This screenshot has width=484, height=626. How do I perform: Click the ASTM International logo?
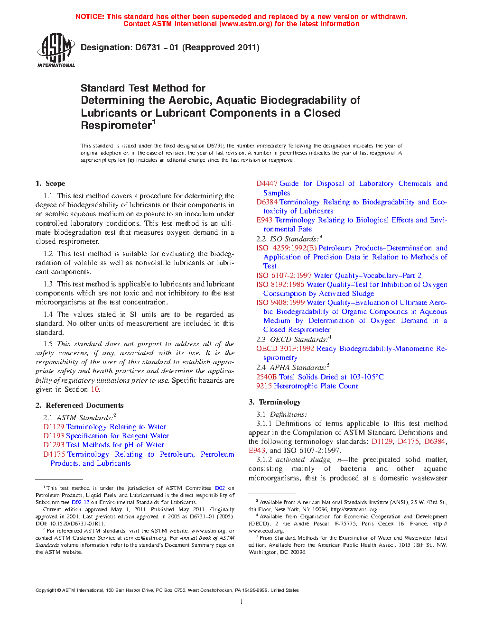point(56,49)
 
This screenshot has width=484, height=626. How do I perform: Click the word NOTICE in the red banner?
point(90,17)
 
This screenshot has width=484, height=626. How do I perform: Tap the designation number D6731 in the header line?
point(148,47)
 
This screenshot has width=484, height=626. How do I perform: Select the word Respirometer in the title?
point(116,126)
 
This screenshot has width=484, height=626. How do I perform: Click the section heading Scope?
point(55,184)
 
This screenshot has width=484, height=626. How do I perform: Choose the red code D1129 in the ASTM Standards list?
point(54,427)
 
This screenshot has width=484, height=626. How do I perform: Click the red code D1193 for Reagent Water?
point(54,436)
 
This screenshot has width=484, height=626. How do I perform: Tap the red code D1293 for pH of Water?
point(54,445)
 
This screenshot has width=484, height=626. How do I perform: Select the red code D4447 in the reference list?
point(267,184)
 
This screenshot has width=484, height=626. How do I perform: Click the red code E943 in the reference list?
point(264,220)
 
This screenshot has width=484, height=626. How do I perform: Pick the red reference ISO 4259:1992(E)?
point(286,248)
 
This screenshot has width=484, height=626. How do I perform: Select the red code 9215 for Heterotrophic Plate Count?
point(264,386)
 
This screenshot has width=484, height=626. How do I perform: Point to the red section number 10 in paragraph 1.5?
point(95,389)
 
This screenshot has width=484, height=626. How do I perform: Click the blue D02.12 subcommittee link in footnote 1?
point(80,502)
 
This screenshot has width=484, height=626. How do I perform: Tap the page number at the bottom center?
point(242,602)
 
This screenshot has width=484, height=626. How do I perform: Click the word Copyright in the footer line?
point(46,590)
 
